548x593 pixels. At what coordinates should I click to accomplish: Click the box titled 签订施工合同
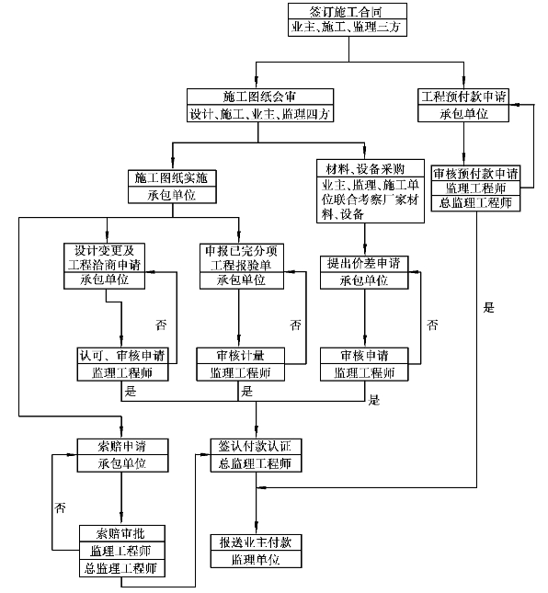(x=348, y=19)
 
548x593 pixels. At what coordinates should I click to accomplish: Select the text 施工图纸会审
(x=259, y=97)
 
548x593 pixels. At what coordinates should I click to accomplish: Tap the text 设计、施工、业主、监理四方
(x=260, y=113)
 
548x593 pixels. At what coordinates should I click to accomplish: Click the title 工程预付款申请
(x=463, y=97)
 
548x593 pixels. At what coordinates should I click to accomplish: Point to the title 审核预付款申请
(x=475, y=174)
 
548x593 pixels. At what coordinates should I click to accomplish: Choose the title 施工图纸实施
(x=171, y=177)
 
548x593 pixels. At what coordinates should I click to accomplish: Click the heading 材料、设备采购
(x=365, y=168)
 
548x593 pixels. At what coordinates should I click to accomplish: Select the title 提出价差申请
(x=364, y=263)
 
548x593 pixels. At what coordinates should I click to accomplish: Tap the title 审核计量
(x=240, y=356)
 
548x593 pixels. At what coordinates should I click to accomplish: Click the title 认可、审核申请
(x=122, y=356)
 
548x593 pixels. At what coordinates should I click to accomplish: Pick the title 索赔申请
(x=121, y=447)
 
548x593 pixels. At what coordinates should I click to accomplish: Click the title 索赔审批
(x=120, y=533)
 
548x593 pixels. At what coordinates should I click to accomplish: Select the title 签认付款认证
(x=255, y=446)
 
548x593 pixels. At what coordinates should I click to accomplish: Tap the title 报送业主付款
(x=256, y=542)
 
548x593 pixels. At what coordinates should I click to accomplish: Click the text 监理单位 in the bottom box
(x=256, y=559)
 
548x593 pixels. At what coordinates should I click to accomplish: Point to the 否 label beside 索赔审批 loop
(x=60, y=507)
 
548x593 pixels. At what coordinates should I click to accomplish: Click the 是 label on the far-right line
(x=488, y=307)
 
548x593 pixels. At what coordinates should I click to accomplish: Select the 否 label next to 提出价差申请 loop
(x=432, y=325)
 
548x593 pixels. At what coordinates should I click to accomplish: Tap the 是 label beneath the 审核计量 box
(x=247, y=391)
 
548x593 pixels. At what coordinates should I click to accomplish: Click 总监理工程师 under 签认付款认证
(x=255, y=463)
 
